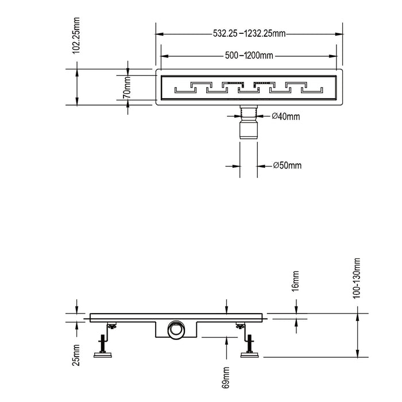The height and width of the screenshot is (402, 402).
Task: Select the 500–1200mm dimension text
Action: point(249,56)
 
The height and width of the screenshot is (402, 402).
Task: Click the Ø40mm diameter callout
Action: point(285,117)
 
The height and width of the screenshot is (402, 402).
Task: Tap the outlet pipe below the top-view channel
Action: point(249,123)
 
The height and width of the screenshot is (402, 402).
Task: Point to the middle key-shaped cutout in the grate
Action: point(249,87)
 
